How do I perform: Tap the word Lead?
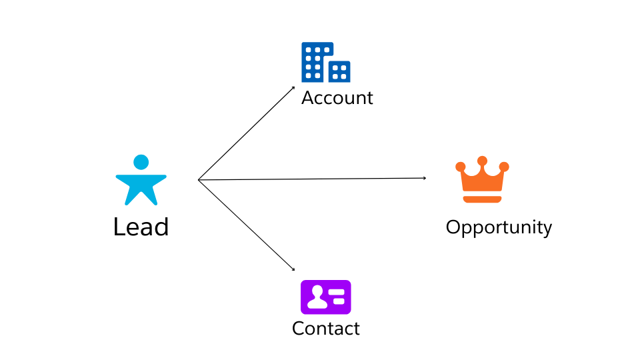(141, 227)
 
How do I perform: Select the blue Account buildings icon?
(325, 62)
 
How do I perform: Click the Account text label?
(337, 98)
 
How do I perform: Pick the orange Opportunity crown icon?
(481, 180)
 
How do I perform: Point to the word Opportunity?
(499, 227)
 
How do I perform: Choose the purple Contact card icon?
(325, 297)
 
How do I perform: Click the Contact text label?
(325, 329)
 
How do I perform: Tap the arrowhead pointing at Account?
(293, 87)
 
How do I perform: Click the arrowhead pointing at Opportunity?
(425, 178)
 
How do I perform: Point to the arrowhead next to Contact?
(293, 269)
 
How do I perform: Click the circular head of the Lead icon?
(141, 162)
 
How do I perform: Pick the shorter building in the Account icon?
(339, 71)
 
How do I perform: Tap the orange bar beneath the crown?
(481, 199)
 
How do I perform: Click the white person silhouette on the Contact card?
(317, 297)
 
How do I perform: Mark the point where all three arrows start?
(199, 179)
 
